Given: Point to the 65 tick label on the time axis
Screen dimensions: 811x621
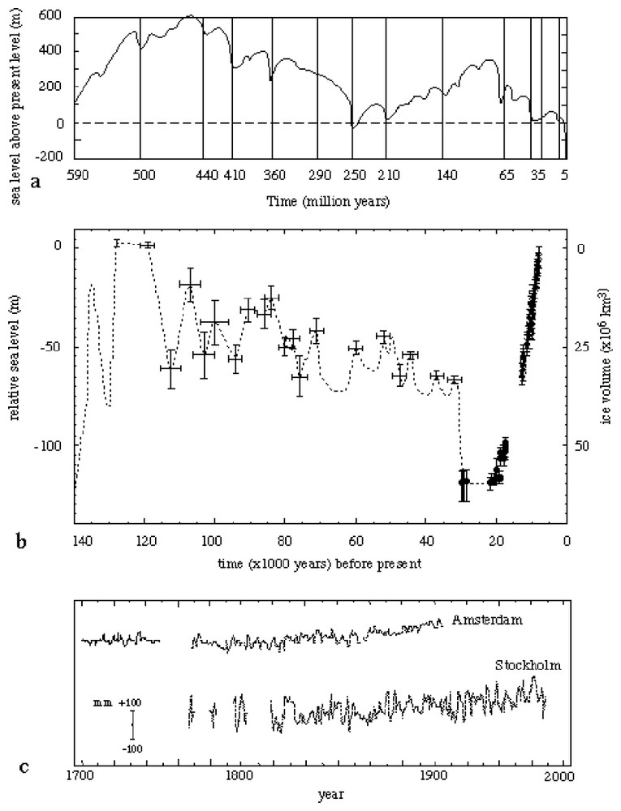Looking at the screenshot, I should tap(504, 174).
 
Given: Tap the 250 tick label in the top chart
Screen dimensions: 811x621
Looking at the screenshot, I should tap(351, 174).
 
